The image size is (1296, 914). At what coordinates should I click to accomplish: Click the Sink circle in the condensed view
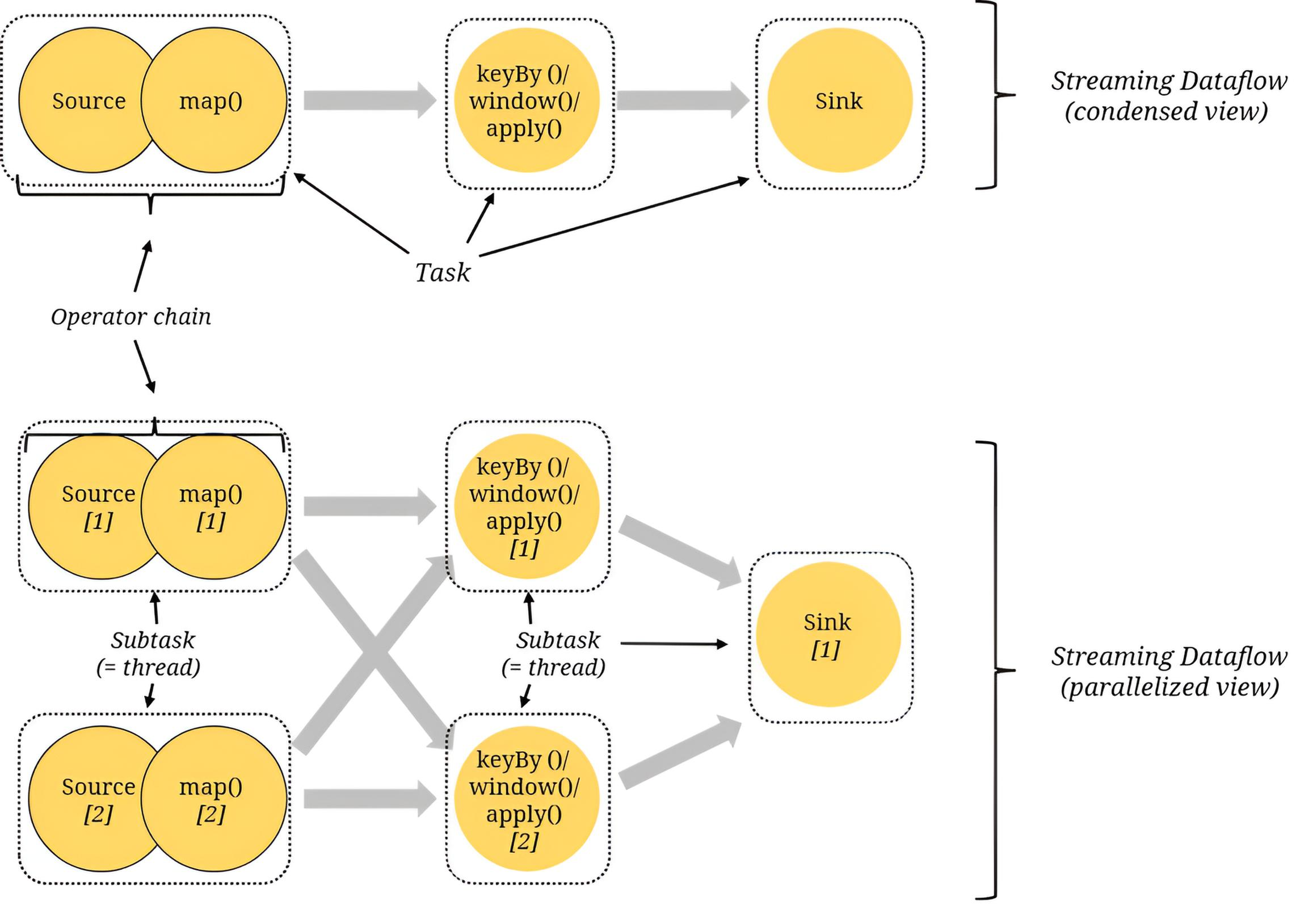point(840,100)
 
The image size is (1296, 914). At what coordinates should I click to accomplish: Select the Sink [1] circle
point(828,634)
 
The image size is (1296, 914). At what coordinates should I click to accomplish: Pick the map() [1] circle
point(213,506)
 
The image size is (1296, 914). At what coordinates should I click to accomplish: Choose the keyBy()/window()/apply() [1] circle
point(527,506)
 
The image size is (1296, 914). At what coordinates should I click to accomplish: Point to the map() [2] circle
point(213,799)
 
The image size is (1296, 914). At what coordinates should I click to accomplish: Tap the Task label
point(443,272)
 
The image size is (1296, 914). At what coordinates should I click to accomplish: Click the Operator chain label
point(131,317)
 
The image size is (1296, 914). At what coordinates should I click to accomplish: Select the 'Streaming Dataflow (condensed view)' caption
point(1169,95)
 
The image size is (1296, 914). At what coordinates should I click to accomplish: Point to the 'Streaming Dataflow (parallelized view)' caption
point(1169,671)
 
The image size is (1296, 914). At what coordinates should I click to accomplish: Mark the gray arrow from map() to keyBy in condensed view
point(370,100)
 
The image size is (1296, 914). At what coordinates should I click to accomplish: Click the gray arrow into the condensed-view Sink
point(683,100)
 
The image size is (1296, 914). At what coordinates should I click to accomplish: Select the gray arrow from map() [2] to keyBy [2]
point(370,799)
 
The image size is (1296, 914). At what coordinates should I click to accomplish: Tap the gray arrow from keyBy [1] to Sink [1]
point(680,553)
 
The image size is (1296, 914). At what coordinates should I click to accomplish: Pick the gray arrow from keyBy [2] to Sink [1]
point(680,752)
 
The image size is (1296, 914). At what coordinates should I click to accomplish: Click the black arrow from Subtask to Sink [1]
point(674,644)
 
